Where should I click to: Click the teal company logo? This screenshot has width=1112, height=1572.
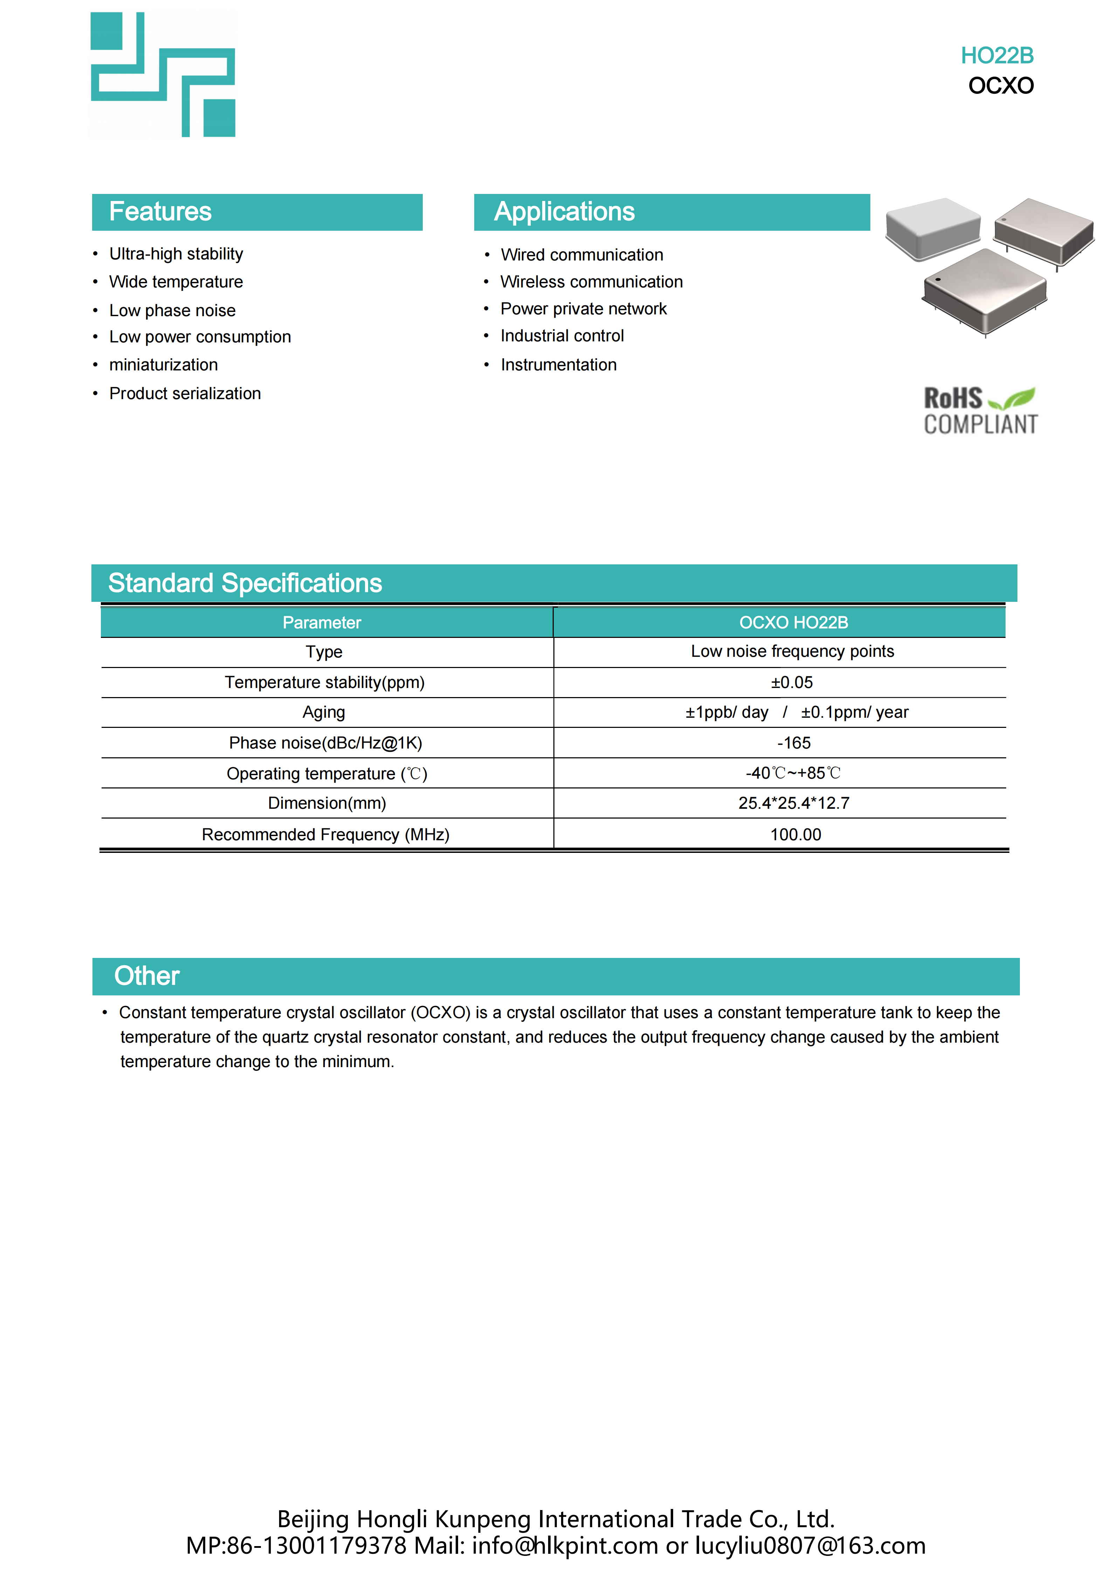[163, 75]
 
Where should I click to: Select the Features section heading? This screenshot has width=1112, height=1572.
[160, 211]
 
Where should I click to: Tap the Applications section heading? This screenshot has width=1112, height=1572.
[564, 211]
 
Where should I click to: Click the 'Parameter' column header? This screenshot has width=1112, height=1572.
[322, 622]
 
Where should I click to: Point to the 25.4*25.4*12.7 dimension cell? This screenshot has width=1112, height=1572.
[794, 803]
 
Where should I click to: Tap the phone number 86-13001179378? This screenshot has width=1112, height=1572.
[316, 1545]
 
